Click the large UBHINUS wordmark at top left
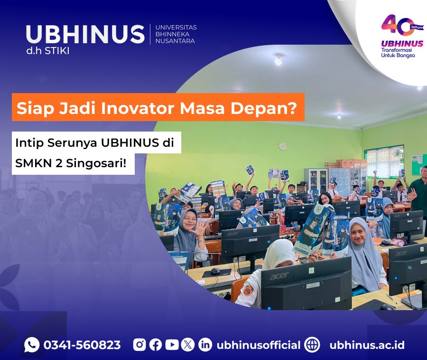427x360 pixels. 85,35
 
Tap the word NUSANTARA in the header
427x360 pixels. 175,41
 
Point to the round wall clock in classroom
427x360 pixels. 283,146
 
